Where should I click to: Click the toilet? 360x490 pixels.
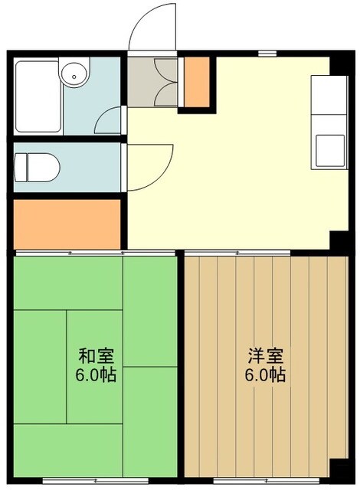point(36,167)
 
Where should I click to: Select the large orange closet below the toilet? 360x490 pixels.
point(67,223)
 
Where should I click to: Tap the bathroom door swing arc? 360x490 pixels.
point(112,119)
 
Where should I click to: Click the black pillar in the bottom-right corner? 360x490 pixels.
point(339,469)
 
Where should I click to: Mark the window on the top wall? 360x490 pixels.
point(267,53)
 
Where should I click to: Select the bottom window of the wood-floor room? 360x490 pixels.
point(240,481)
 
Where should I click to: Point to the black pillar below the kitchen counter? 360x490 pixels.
point(337,239)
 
